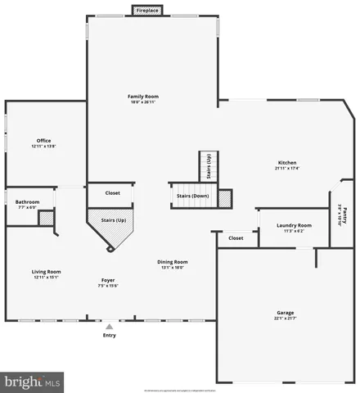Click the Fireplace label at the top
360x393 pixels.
click(148, 11)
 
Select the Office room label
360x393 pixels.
click(43, 140)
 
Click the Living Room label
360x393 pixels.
click(47, 272)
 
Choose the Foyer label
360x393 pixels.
click(108, 280)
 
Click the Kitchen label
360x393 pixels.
click(287, 162)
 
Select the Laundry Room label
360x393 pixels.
click(294, 225)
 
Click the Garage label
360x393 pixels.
click(285, 313)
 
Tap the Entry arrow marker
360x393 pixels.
click(109, 327)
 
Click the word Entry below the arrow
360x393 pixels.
click(109, 335)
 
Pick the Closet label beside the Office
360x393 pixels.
click(113, 193)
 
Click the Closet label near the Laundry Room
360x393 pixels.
click(236, 238)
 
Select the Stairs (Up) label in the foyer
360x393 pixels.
click(113, 221)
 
